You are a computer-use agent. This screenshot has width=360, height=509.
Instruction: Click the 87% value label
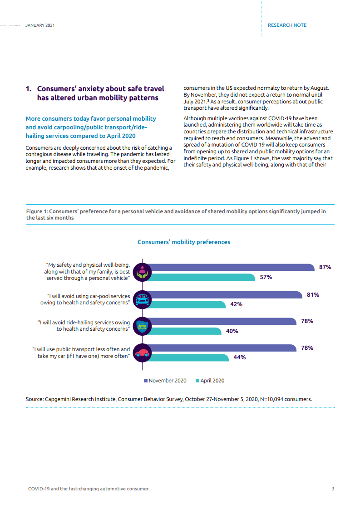325,267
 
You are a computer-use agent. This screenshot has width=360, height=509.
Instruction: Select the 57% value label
266,277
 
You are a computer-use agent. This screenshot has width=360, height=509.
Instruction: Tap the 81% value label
313,294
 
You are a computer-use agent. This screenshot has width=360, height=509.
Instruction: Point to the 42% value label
236,304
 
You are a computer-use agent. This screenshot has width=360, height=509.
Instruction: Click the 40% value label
232,331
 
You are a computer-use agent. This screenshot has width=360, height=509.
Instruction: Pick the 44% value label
239,357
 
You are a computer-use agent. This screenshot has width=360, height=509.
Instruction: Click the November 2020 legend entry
165,381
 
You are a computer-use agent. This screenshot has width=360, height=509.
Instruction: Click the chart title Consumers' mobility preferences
184,242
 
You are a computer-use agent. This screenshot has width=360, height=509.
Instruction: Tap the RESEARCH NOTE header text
287,25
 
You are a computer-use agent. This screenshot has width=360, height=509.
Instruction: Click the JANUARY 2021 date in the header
40,25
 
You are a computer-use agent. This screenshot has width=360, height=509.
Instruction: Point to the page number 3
333,489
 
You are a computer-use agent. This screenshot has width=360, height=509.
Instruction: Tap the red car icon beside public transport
144,352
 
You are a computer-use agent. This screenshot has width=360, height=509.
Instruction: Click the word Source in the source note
34,399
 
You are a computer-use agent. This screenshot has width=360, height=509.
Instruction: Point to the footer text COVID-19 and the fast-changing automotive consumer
89,489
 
